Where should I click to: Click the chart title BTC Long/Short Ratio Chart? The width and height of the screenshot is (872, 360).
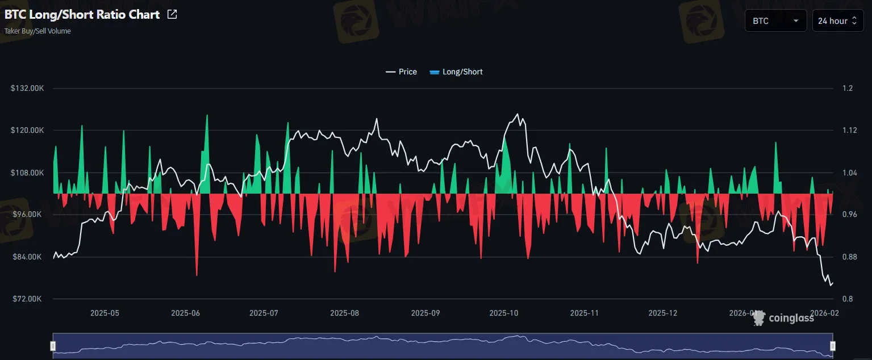click(x=82, y=15)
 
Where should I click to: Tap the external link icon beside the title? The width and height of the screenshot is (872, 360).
click(x=172, y=15)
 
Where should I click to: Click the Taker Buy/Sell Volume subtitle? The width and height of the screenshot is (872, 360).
click(x=37, y=31)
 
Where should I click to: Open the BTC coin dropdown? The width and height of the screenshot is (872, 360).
click(x=775, y=21)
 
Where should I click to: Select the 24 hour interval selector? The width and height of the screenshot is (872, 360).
click(x=837, y=21)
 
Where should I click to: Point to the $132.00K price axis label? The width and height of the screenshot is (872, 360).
click(x=27, y=89)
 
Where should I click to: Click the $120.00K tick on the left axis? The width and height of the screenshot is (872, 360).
click(x=27, y=131)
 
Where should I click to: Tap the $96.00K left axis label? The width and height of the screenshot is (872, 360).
click(x=28, y=215)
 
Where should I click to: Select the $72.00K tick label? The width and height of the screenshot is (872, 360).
click(x=28, y=299)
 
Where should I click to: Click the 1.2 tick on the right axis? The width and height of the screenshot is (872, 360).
click(x=848, y=89)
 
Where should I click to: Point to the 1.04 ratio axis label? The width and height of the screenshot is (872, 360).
click(x=850, y=173)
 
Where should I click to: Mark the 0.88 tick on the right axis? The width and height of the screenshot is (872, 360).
click(x=850, y=257)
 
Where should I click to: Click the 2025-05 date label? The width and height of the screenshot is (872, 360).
click(x=105, y=313)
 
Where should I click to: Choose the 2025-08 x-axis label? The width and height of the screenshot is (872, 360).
click(x=344, y=313)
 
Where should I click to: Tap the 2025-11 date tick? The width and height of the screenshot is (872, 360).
click(x=585, y=313)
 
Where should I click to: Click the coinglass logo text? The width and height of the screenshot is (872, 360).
click(x=791, y=318)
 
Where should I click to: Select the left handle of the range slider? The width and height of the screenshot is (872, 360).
click(x=53, y=345)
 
